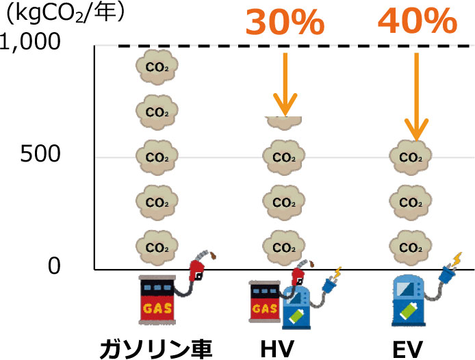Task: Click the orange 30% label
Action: point(285,22)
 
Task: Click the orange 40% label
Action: point(417,22)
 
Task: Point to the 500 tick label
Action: point(40,155)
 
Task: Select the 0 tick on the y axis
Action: point(54,266)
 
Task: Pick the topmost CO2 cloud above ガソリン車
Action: point(157,67)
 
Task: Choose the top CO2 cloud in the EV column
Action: point(411,157)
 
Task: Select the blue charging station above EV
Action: point(409,302)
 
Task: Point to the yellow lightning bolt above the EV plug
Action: point(457,259)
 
